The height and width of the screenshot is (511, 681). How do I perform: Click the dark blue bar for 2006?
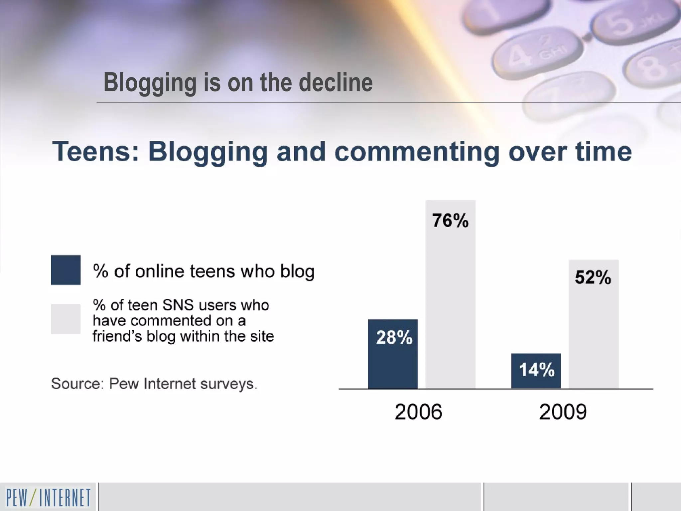coord(393,366)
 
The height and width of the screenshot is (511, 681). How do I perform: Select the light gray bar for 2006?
coord(450,299)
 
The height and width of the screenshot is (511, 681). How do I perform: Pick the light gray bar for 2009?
coord(594,333)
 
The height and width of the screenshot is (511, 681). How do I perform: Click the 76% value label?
coord(450,221)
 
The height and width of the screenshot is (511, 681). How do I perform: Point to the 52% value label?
coord(593,277)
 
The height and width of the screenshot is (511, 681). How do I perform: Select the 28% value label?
coord(394,337)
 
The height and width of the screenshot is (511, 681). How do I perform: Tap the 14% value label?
coord(536,370)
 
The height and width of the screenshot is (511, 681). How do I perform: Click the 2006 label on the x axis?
coord(418,412)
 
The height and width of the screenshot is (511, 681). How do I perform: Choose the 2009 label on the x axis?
coord(563,412)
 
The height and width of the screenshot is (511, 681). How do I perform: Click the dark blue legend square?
coord(66,270)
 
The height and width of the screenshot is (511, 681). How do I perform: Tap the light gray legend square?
coord(66,319)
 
